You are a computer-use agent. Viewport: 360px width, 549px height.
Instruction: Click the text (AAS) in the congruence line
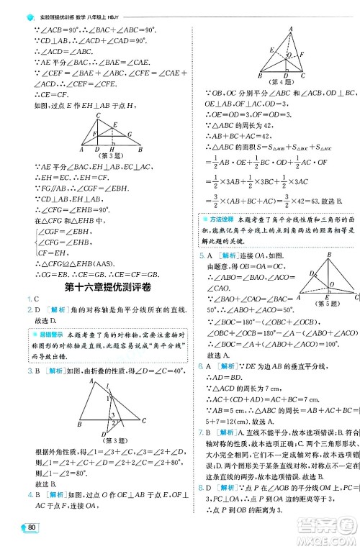pos(99,263)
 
